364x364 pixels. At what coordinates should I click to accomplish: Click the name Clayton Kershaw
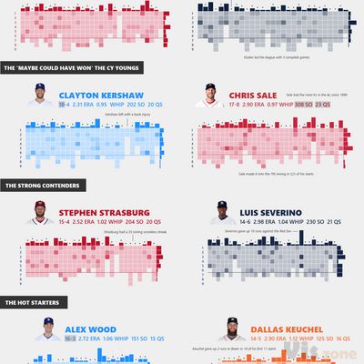100,94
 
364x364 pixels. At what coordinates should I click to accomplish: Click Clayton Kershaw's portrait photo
41,97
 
